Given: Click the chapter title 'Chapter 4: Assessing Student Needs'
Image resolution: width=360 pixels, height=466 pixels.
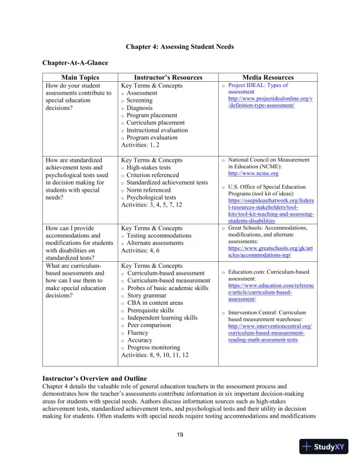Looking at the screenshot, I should (180, 46).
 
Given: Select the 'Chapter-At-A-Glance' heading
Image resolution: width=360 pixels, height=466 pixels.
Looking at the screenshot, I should (75, 62).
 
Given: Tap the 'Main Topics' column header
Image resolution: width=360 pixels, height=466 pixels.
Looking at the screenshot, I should (81, 78).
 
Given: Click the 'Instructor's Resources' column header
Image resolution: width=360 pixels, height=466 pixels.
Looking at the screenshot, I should (168, 78).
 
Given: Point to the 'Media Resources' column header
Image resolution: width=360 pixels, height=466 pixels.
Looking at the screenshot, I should (268, 78).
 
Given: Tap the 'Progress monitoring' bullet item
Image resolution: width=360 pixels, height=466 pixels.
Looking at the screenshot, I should (156, 348).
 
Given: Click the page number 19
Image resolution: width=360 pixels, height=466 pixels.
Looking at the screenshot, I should (180, 435).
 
